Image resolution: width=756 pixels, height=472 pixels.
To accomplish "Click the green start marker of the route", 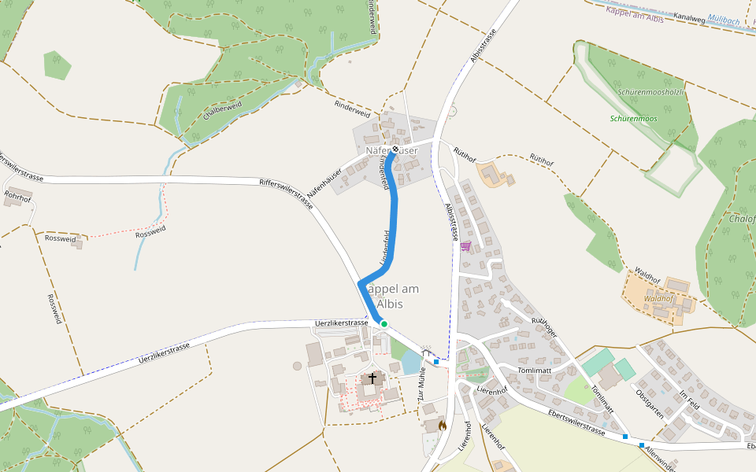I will [384, 323].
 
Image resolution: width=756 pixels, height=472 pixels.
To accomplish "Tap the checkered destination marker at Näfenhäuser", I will [395, 149].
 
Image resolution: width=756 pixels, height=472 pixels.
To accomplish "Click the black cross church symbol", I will [372, 379].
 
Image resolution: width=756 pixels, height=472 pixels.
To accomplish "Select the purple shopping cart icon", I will [465, 246].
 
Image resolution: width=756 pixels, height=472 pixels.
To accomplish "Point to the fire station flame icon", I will [442, 425].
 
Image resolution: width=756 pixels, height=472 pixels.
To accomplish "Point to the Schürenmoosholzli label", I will [650, 92].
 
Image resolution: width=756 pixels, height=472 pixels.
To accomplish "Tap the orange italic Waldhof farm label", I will [658, 299].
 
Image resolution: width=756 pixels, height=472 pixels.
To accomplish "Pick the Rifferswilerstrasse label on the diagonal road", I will [287, 193].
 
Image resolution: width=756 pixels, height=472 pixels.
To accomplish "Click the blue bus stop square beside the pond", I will [436, 362].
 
